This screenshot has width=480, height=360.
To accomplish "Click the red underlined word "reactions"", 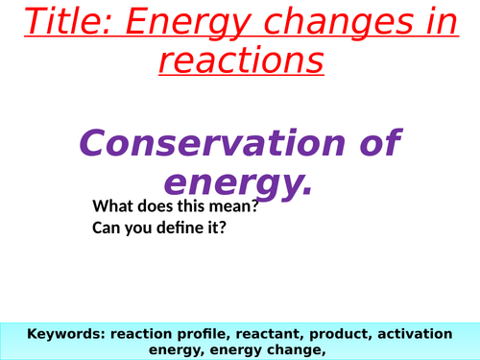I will click(x=240, y=62).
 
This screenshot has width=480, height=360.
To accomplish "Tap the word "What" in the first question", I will click(x=113, y=206).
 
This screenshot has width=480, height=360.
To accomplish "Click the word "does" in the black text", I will click(x=158, y=206).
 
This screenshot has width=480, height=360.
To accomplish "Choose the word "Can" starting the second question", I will click(x=108, y=228).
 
